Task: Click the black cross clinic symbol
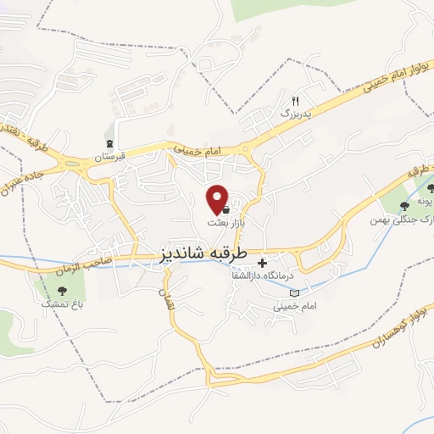[x=262, y=264]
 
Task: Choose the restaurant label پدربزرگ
[x=297, y=113]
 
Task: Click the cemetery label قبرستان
[x=108, y=157]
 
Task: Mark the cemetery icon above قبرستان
[x=108, y=143]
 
